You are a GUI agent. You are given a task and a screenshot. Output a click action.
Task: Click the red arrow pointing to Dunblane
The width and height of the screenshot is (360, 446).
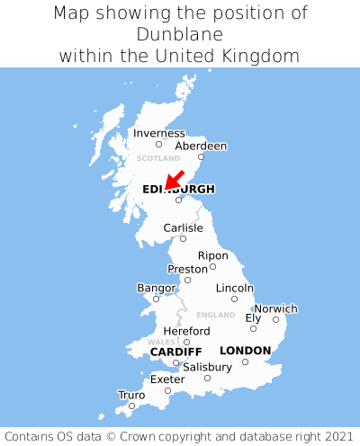click(175, 179)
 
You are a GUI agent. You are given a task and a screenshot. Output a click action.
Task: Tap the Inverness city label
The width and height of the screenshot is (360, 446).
click(158, 133)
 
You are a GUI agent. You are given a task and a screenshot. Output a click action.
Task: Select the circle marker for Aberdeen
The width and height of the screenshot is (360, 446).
click(201, 156)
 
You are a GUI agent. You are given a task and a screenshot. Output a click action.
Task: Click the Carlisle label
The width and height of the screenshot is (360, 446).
click(183, 228)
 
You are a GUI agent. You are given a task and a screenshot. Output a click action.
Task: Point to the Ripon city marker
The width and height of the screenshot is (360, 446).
click(212, 266)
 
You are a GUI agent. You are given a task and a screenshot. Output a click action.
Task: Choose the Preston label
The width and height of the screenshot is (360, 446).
click(187, 269)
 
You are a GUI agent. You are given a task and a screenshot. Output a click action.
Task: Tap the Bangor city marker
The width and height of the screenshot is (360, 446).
click(156, 299)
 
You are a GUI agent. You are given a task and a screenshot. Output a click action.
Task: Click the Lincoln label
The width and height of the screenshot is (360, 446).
click(235, 288)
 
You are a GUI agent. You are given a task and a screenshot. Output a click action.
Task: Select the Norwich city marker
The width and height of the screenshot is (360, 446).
click(275, 319)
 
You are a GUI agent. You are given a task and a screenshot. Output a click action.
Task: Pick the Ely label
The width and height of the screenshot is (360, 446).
click(253, 317)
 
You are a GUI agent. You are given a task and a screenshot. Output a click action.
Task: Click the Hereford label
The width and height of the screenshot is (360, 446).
click(186, 331)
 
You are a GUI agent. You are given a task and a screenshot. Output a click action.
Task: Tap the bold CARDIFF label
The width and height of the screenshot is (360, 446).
click(175, 351)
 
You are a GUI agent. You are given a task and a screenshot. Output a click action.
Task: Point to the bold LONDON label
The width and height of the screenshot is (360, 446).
click(245, 351)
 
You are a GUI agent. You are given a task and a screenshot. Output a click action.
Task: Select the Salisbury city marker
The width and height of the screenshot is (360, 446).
click(207, 378)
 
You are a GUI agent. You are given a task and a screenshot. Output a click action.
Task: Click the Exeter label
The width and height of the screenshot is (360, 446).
click(167, 379)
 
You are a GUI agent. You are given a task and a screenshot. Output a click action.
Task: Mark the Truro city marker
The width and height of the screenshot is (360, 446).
click(131, 406)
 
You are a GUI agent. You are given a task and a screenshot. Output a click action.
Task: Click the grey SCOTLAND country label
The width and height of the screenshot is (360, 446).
click(158, 158)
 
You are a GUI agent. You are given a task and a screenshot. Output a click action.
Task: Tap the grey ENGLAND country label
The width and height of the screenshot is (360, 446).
click(215, 316)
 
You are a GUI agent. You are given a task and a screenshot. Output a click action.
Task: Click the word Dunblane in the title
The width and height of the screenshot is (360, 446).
click(180, 34)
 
